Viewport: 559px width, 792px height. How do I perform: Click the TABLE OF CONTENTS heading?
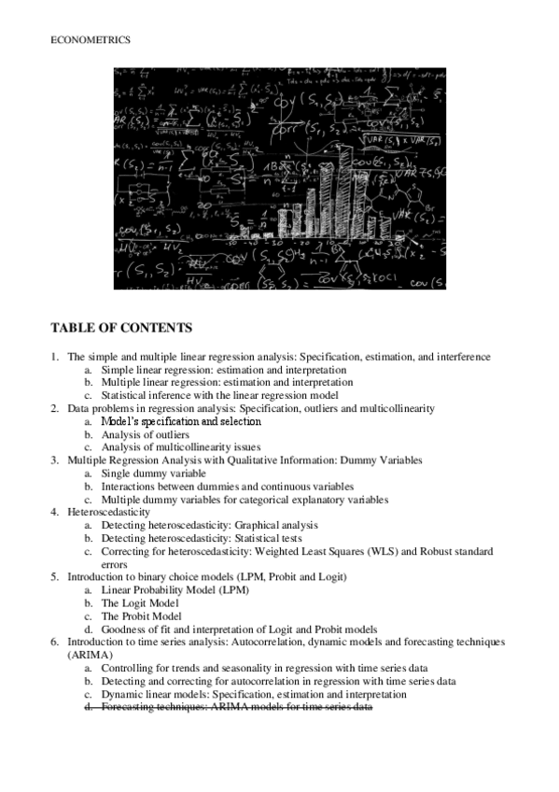[121, 328]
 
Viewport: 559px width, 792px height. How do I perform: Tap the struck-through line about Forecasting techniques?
[237, 707]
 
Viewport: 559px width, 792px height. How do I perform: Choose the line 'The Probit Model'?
[140, 616]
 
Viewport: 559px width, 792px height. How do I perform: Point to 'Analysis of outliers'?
[145, 434]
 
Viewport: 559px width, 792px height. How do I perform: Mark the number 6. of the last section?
[55, 643]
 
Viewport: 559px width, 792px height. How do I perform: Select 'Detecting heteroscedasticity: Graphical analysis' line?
[209, 526]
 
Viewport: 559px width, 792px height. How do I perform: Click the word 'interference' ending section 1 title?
[464, 357]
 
